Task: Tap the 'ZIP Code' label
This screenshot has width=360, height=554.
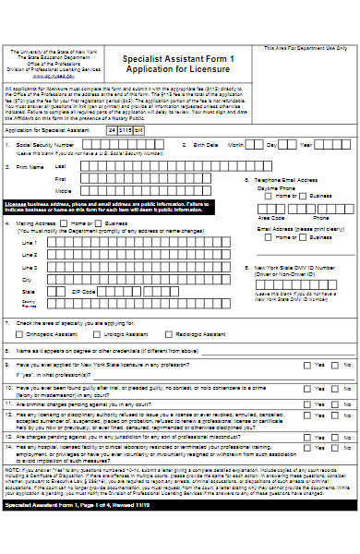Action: point(83,291)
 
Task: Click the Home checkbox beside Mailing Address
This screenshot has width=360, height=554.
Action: point(66,223)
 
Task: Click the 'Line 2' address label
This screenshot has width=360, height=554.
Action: point(30,255)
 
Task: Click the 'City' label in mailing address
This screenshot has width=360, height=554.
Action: point(27,279)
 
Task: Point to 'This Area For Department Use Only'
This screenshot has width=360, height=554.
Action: point(306,47)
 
